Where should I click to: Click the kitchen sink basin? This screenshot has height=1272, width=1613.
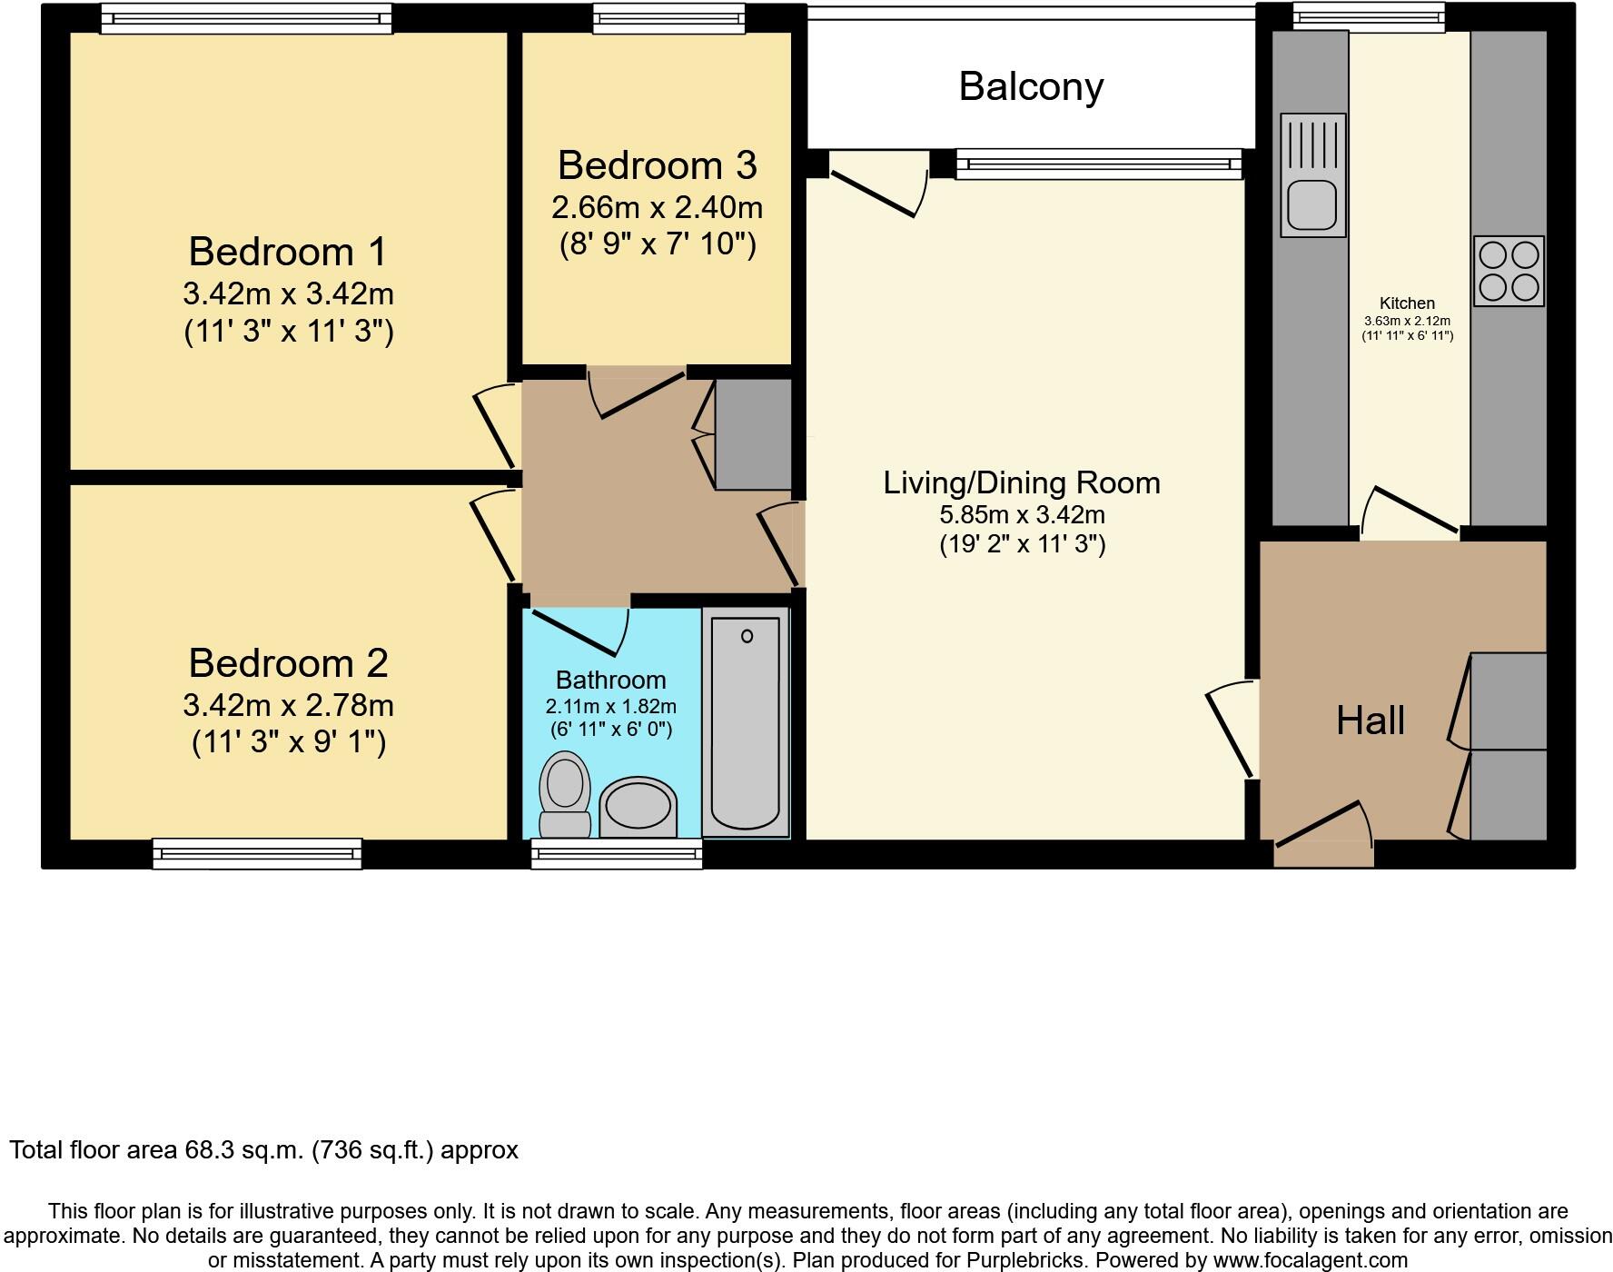point(1312,204)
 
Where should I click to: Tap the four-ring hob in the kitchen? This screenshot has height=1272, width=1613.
point(1509,271)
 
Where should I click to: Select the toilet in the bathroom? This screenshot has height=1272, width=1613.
point(565,792)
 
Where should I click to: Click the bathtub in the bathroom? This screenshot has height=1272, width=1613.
point(746,722)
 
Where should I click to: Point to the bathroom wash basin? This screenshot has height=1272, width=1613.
point(638,807)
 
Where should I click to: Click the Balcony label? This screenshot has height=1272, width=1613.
point(1031,86)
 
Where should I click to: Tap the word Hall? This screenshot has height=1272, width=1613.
point(1370,720)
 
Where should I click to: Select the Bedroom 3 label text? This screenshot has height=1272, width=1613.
point(657,165)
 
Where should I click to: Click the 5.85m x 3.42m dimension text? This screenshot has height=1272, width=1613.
point(1022,515)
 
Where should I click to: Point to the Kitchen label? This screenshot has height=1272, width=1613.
point(1407,303)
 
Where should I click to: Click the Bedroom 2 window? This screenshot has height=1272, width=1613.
point(257,853)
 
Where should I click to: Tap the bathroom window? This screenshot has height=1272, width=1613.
point(617,853)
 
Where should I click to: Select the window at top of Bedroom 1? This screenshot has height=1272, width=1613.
point(246,17)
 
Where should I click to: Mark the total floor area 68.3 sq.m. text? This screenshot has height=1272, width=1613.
point(263,1150)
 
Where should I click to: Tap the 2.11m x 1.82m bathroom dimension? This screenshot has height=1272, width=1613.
point(610,706)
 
